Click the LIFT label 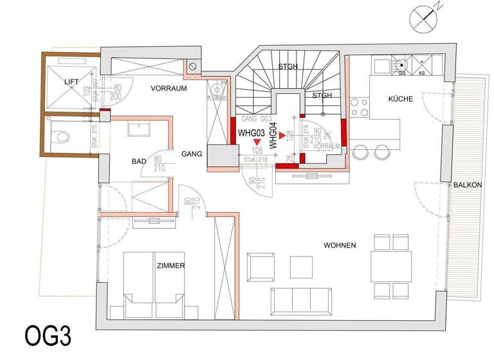pos(71,82)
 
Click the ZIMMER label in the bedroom pos(170,265)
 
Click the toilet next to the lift pos(60,136)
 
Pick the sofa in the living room pos(300,299)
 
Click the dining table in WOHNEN pos(390,265)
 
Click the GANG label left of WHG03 pos(192,154)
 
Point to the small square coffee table pos(298,266)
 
